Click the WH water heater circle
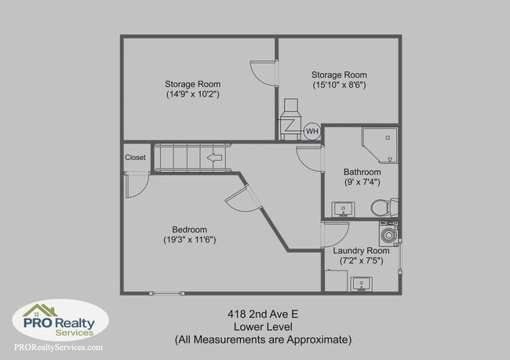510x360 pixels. pyautogui.click(x=311, y=131)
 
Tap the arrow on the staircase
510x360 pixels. pyautogui.click(x=213, y=157)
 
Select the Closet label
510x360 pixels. pyautogui.click(x=135, y=157)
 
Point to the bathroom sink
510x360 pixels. pyautogui.click(x=341, y=209)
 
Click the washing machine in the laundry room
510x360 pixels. pyautogui.click(x=388, y=233)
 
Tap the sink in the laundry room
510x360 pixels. pyautogui.click(x=361, y=282)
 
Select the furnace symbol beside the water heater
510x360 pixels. pyautogui.click(x=290, y=118)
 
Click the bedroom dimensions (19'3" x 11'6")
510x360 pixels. pyautogui.click(x=190, y=239)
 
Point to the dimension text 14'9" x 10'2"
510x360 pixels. pyautogui.click(x=192, y=94)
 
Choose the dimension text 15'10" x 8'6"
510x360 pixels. pyautogui.click(x=339, y=85)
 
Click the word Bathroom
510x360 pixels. pyautogui.click(x=362, y=172)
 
